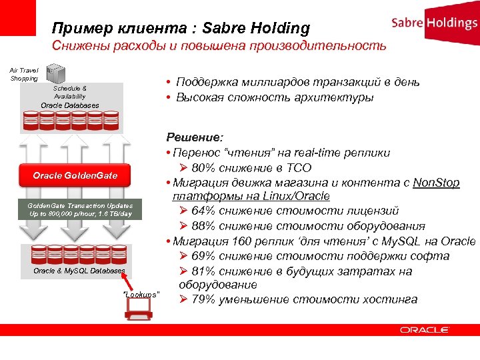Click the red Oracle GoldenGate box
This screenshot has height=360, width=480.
coord(75,176)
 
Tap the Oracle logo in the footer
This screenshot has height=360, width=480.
coord(425,329)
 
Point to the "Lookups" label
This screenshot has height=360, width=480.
coord(141,294)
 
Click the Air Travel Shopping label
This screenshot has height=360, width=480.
coord(24,74)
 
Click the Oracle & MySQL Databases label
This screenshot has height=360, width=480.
coord(79,271)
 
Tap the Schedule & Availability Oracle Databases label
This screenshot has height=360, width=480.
coord(70,97)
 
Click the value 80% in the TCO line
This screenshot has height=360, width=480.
coord(207,167)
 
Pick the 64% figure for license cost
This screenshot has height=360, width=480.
coord(207,211)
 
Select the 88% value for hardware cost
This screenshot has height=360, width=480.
coord(207,226)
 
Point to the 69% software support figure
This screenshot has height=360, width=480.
coord(207,256)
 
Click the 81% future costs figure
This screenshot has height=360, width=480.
coord(207,271)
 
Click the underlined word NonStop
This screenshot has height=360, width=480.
coord(436,182)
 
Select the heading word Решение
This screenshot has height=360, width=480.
coord(193,138)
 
